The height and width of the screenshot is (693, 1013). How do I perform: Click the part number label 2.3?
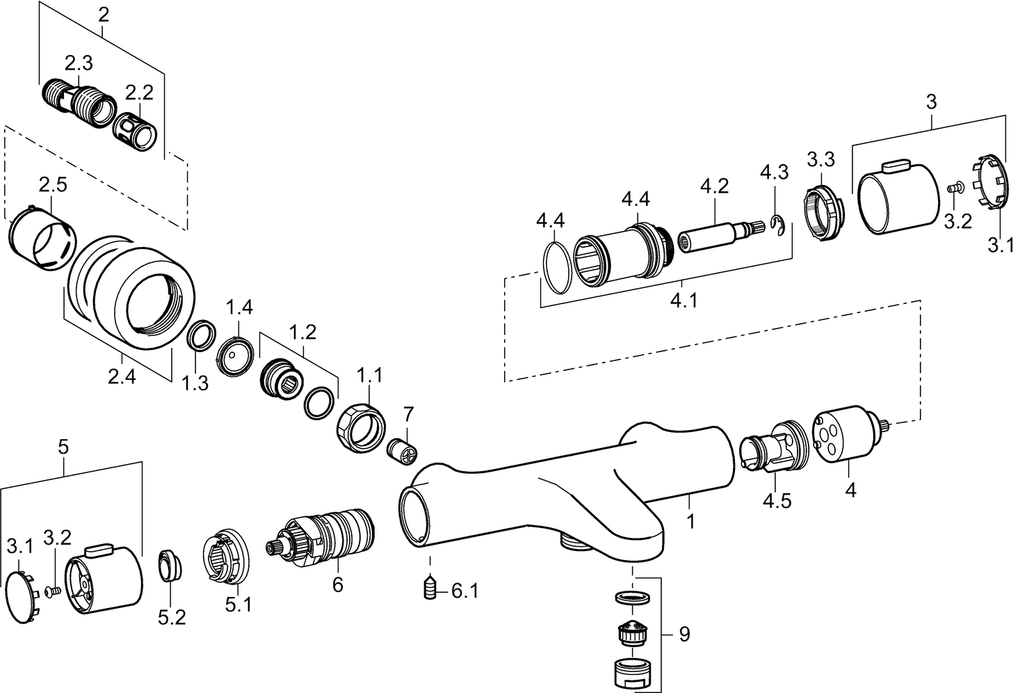(78, 63)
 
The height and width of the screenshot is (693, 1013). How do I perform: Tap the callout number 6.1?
(464, 591)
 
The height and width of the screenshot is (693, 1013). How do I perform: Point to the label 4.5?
(777, 500)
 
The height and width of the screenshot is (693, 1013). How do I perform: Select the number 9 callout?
(684, 634)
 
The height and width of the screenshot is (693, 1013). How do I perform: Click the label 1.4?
(238, 307)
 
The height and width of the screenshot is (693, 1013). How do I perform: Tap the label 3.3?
(820, 159)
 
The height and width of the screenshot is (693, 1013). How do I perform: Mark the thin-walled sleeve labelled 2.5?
(39, 237)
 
